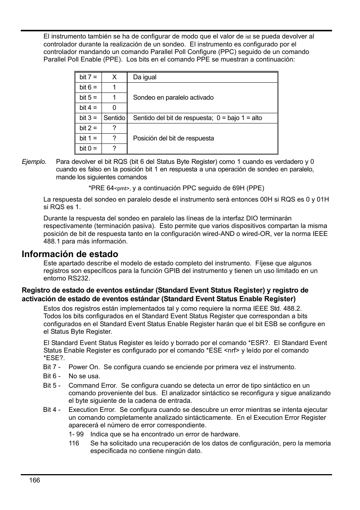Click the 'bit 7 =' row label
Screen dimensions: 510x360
pos(88,77)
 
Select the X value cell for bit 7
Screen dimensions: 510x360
pos(114,77)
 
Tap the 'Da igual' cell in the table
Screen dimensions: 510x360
pos(145,77)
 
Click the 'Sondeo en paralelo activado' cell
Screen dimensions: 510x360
pos(173,97)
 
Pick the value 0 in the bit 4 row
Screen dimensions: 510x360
pos(114,108)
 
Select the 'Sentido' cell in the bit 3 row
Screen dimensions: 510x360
pos(114,118)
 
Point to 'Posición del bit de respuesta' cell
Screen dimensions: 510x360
pos(173,138)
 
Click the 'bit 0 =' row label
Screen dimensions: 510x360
pos(88,148)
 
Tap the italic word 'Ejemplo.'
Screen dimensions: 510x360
pos(34,162)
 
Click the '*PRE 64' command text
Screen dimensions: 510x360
pos(101,188)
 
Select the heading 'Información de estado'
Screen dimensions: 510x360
pos(70,254)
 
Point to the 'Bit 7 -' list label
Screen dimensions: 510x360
pos(52,367)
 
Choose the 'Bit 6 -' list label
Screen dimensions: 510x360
pos(52,376)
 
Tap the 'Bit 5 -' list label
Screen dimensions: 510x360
pos(52,385)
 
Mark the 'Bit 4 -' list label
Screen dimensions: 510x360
pos(52,410)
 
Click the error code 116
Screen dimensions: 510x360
pos(74,443)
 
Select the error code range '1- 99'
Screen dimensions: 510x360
pos(76,434)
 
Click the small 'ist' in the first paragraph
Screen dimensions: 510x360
pos(248,37)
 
